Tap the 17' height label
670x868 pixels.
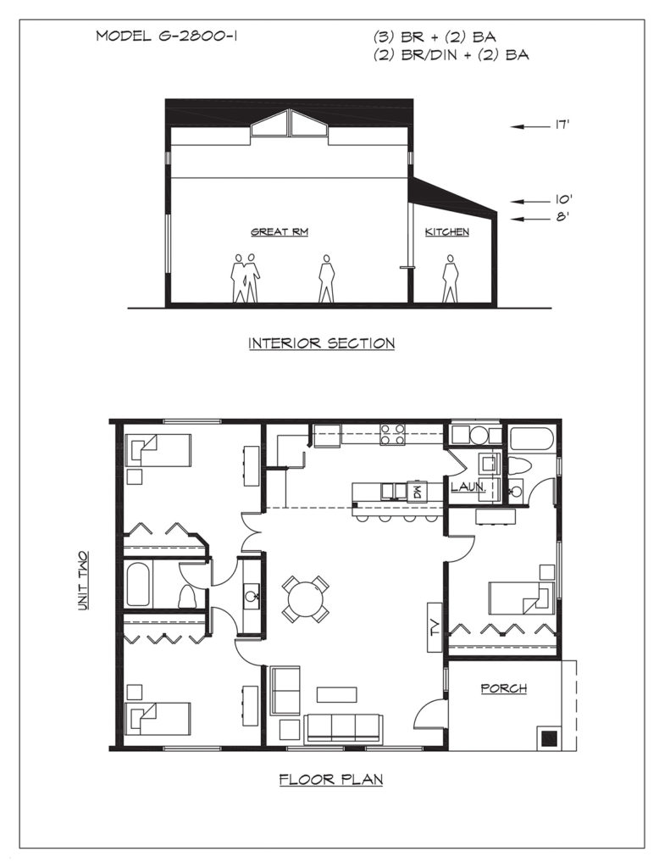coord(562,125)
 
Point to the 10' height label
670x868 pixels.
coord(563,200)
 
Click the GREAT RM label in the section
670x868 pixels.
coord(280,232)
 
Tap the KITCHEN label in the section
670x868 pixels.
coord(447,232)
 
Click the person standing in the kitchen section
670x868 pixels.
coord(450,278)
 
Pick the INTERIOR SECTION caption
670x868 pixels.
coord(321,343)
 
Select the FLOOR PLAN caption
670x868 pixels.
coord(331,780)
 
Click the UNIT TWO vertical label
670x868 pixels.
coord(82,580)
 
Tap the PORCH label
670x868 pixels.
coord(503,688)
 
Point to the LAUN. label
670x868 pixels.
coord(468,487)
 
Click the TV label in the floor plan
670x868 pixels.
coord(435,626)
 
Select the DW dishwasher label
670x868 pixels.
coord(417,491)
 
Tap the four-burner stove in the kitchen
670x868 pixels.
coord(391,435)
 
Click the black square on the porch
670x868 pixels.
coord(549,738)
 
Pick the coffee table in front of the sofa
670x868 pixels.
coord(336,695)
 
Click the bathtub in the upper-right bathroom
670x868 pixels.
coord(531,439)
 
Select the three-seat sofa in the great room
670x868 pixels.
coord(343,727)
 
